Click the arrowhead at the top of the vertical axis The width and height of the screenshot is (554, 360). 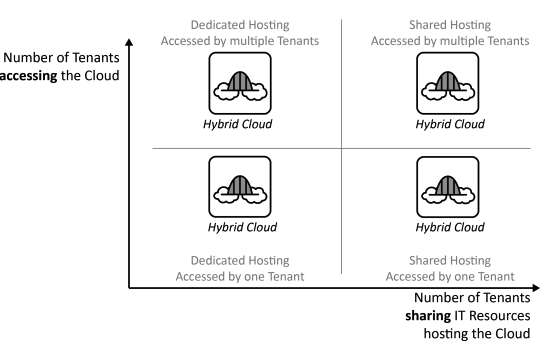click(x=129, y=43)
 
